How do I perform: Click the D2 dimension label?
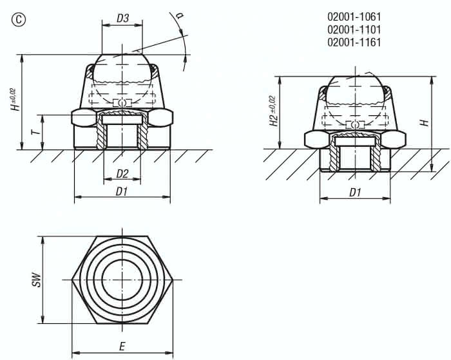point(122,173)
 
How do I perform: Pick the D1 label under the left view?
point(122,192)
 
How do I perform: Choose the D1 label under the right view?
point(354,192)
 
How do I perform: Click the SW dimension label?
point(37,281)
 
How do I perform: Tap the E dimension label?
point(122,346)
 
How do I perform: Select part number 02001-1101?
point(354,30)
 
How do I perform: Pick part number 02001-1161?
point(354,43)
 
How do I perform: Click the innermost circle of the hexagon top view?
point(122,281)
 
